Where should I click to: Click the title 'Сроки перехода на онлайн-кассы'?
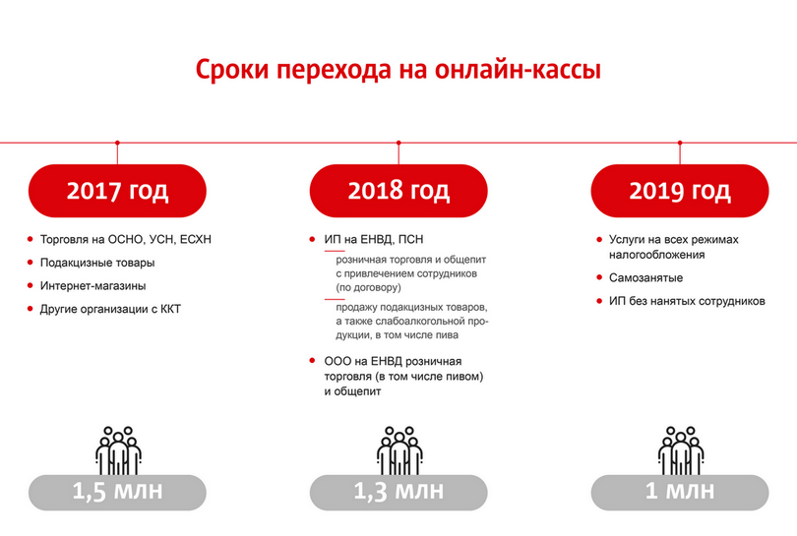(x=398, y=70)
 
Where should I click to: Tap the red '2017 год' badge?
(x=117, y=191)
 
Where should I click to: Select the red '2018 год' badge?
(x=398, y=191)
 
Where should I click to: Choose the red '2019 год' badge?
(x=680, y=191)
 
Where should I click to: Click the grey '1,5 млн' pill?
(x=117, y=493)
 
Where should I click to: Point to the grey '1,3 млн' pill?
(x=398, y=493)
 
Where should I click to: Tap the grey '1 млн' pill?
(x=680, y=493)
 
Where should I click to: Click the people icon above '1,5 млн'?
(x=118, y=450)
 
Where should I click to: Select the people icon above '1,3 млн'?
(x=399, y=450)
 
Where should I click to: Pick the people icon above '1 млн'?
(x=681, y=450)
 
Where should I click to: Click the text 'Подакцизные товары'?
(x=97, y=263)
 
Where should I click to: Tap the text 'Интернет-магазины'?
(x=93, y=286)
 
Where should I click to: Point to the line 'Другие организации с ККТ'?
(x=110, y=309)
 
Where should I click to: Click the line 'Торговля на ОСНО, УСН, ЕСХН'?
(x=126, y=239)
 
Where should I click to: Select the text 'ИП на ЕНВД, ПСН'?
(x=374, y=239)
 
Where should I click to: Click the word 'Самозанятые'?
(x=645, y=278)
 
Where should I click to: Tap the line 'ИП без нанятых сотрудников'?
(x=687, y=301)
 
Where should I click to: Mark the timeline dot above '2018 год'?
(x=398, y=143)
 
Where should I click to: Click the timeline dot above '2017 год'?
(x=117, y=143)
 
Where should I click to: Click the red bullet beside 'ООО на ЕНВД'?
(x=312, y=361)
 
